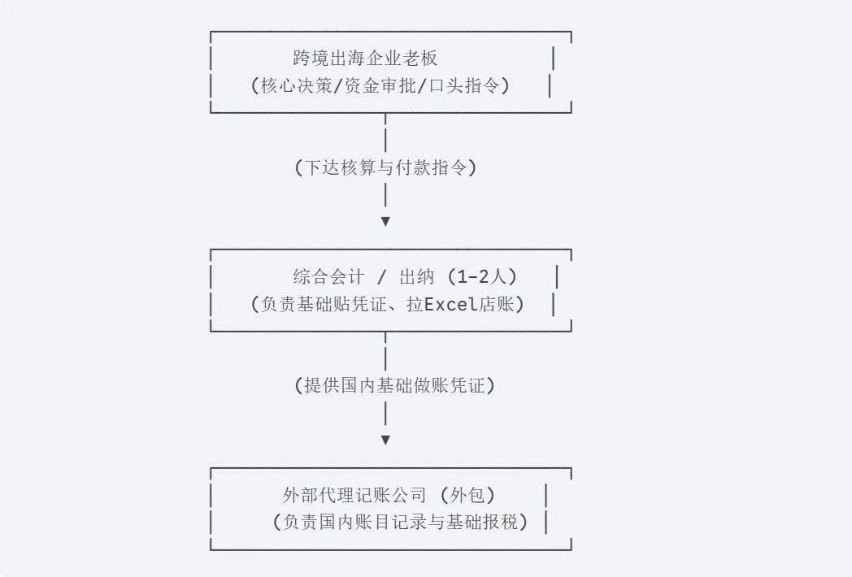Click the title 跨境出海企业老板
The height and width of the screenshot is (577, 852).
point(365,59)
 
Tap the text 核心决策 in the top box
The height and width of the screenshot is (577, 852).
point(296,86)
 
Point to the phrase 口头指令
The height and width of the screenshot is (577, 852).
point(463,86)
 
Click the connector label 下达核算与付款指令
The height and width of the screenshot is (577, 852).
point(385,167)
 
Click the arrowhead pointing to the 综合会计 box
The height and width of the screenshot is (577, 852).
point(385,221)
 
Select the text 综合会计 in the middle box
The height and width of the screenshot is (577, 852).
point(328,277)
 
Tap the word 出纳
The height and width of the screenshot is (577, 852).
point(417,277)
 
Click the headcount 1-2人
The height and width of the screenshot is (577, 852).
point(481,277)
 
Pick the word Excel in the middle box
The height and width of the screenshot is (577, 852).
point(450,304)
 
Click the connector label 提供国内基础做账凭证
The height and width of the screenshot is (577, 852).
point(394,386)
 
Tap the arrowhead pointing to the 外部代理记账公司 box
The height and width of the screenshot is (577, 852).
point(385,440)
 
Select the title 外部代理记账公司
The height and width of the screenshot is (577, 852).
point(354,495)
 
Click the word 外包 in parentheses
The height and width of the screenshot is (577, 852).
point(467,495)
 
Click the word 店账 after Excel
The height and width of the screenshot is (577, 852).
point(496,304)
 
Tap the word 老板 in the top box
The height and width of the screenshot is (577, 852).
point(420,59)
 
